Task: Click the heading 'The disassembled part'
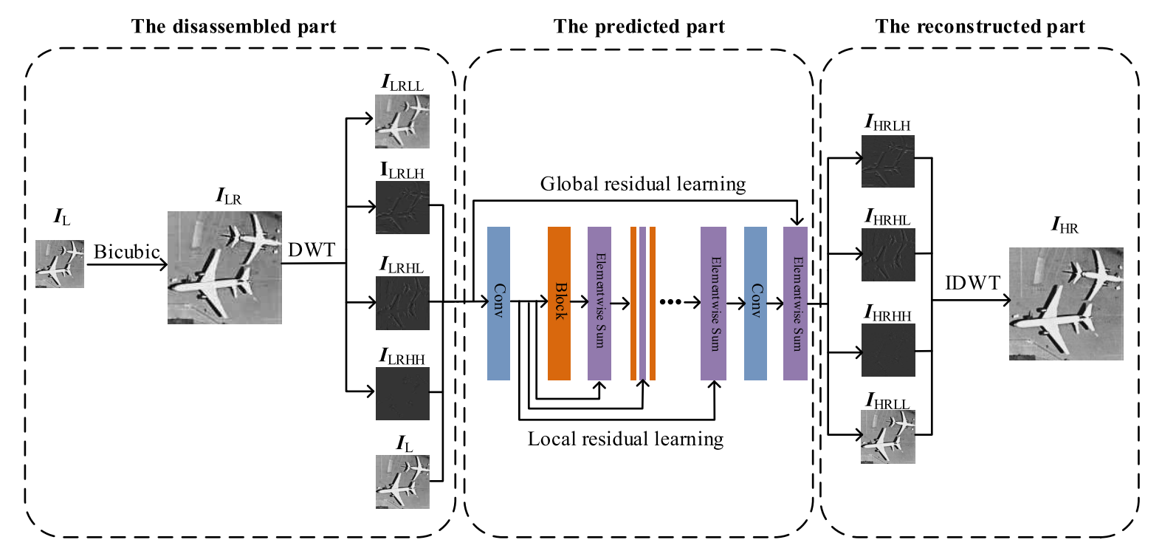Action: pos(233,27)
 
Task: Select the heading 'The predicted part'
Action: pos(639,27)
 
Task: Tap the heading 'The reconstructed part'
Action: pos(980,27)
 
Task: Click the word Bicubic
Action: pos(126,252)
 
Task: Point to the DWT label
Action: pos(311,250)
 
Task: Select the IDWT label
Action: pos(972,283)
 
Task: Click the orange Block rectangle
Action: pos(559,303)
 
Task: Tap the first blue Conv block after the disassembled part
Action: pos(498,303)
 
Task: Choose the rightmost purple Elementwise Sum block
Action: pos(795,303)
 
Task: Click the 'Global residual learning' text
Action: pos(642,184)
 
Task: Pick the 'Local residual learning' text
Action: pos(625,439)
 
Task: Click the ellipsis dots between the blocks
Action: pos(670,301)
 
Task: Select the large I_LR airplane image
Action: pos(224,267)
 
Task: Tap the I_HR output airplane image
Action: pos(1065,304)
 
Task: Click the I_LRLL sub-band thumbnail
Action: pos(402,121)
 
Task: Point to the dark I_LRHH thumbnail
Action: pos(402,393)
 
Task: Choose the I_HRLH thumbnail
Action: pos(887,161)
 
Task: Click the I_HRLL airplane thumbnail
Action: pos(887,437)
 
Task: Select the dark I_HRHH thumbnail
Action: pos(887,350)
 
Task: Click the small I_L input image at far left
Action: pos(60,264)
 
